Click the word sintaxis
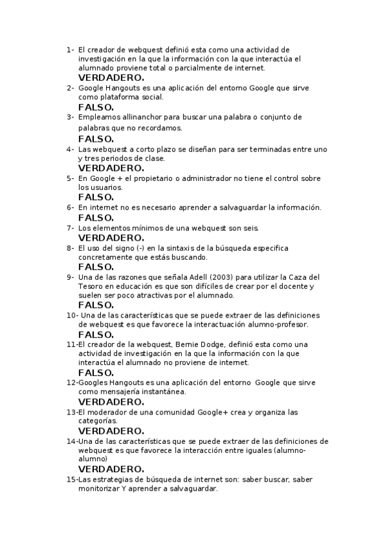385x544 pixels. click(195, 248)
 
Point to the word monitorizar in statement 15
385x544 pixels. click(102, 489)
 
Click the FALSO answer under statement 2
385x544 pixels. click(96, 107)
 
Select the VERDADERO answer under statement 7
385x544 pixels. click(111, 237)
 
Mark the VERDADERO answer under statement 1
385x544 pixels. click(111, 78)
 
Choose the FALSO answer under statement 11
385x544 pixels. click(96, 372)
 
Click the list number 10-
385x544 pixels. click(72, 315)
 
